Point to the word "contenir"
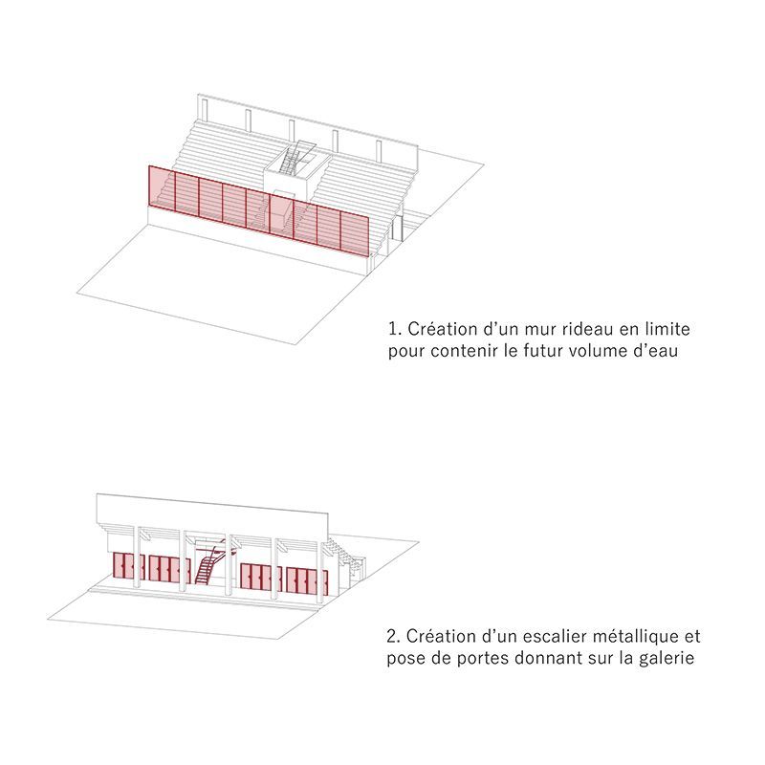[464, 351]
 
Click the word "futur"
[545, 351]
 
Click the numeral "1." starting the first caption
[395, 329]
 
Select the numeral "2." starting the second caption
[393, 636]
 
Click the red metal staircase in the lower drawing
[209, 561]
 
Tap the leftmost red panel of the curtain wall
[162, 188]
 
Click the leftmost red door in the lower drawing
[118, 565]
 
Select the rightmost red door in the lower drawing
[323, 582]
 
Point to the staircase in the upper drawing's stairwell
[291, 160]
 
